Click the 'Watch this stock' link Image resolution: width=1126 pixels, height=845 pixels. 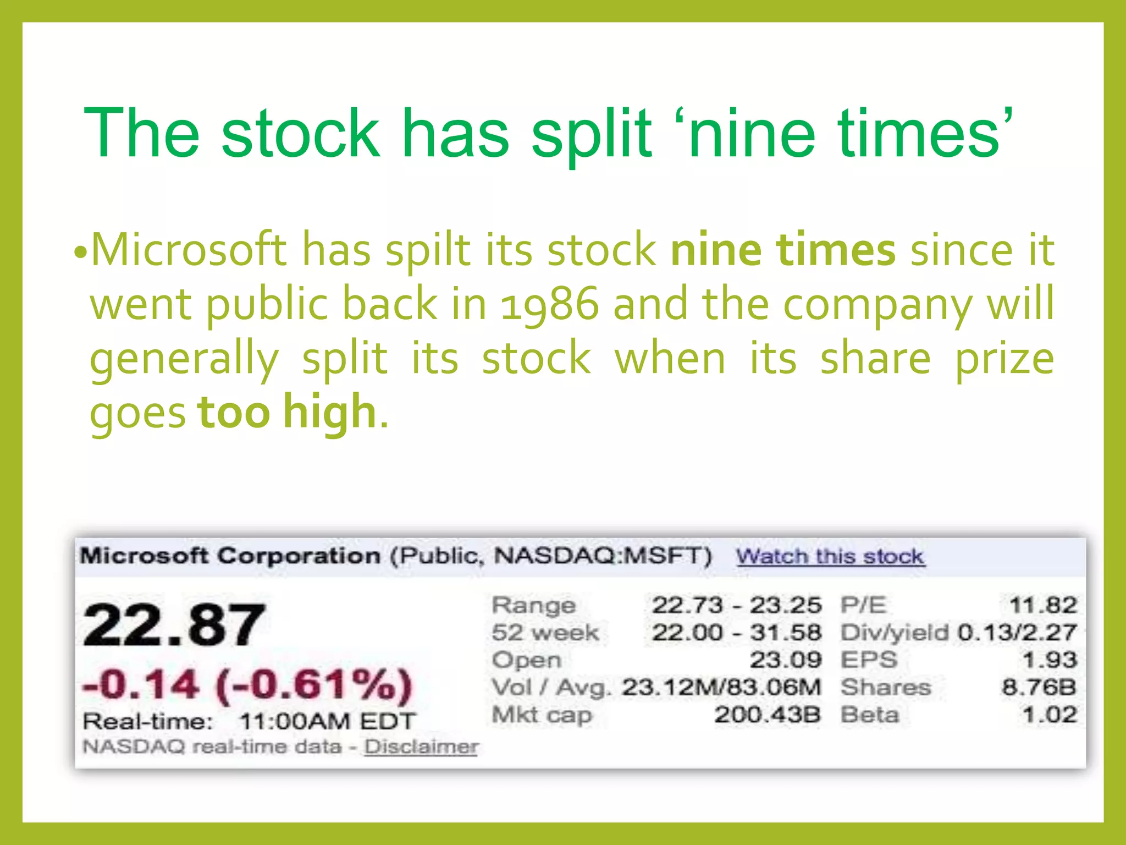click(x=830, y=557)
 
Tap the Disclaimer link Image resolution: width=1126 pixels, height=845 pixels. click(x=421, y=747)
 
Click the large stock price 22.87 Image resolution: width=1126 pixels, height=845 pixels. click(x=174, y=625)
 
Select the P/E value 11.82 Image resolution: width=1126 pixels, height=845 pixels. click(x=1042, y=606)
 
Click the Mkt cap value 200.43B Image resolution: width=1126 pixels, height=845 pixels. click(x=768, y=715)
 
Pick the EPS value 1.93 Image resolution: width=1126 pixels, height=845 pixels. click(x=1049, y=660)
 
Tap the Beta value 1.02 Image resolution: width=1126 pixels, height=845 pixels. click(x=1049, y=715)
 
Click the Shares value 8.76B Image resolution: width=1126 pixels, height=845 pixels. click(x=1039, y=687)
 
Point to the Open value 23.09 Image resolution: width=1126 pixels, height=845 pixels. click(x=786, y=660)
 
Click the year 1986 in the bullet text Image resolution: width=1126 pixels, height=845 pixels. click(x=549, y=304)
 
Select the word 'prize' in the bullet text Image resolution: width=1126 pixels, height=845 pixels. click(x=1004, y=359)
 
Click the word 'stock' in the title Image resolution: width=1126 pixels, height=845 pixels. click(x=300, y=134)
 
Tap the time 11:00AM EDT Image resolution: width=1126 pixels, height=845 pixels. click(x=328, y=721)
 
